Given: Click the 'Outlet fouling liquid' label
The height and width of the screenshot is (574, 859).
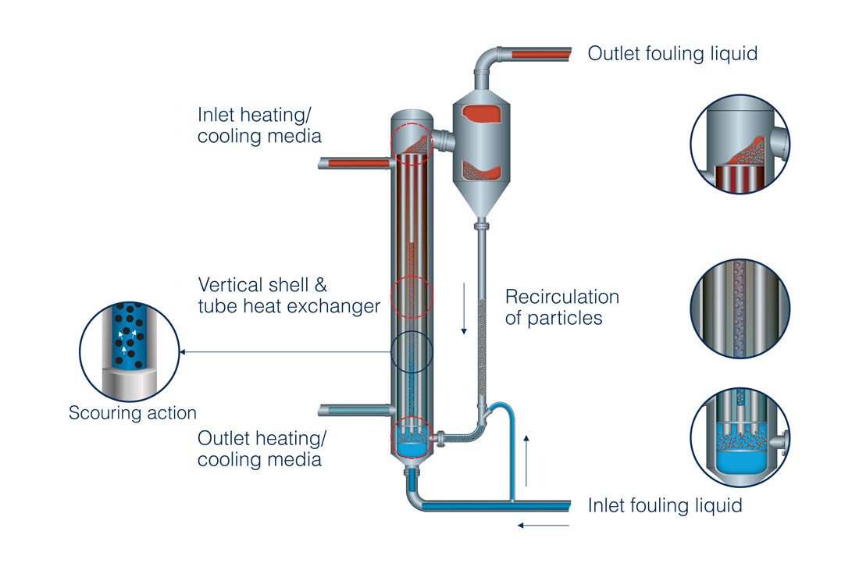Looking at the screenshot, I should click(672, 54).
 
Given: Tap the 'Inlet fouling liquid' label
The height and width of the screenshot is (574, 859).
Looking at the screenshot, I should click(665, 505).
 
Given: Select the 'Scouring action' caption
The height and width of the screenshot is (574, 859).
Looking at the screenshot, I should click(133, 413).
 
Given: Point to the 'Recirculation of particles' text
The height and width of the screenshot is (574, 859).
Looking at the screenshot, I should click(561, 308).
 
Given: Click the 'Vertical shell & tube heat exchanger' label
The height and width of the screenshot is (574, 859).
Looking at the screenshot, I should click(289, 295).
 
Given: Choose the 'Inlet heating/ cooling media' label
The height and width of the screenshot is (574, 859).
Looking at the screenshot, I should click(259, 126).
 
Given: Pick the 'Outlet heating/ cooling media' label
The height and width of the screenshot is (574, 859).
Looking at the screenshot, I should click(259, 448).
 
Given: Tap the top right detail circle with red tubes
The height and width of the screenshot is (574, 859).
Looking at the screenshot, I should click(740, 144).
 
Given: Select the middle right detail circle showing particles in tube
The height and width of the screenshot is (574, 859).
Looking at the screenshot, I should click(740, 308).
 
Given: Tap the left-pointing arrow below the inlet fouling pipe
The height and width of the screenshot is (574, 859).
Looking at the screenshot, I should click(544, 526).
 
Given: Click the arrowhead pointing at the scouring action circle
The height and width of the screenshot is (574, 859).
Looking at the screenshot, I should click(184, 353).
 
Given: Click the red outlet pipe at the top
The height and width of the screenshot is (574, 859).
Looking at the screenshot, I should click(539, 54).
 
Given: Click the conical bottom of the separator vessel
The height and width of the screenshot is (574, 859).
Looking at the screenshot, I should click(481, 203).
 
